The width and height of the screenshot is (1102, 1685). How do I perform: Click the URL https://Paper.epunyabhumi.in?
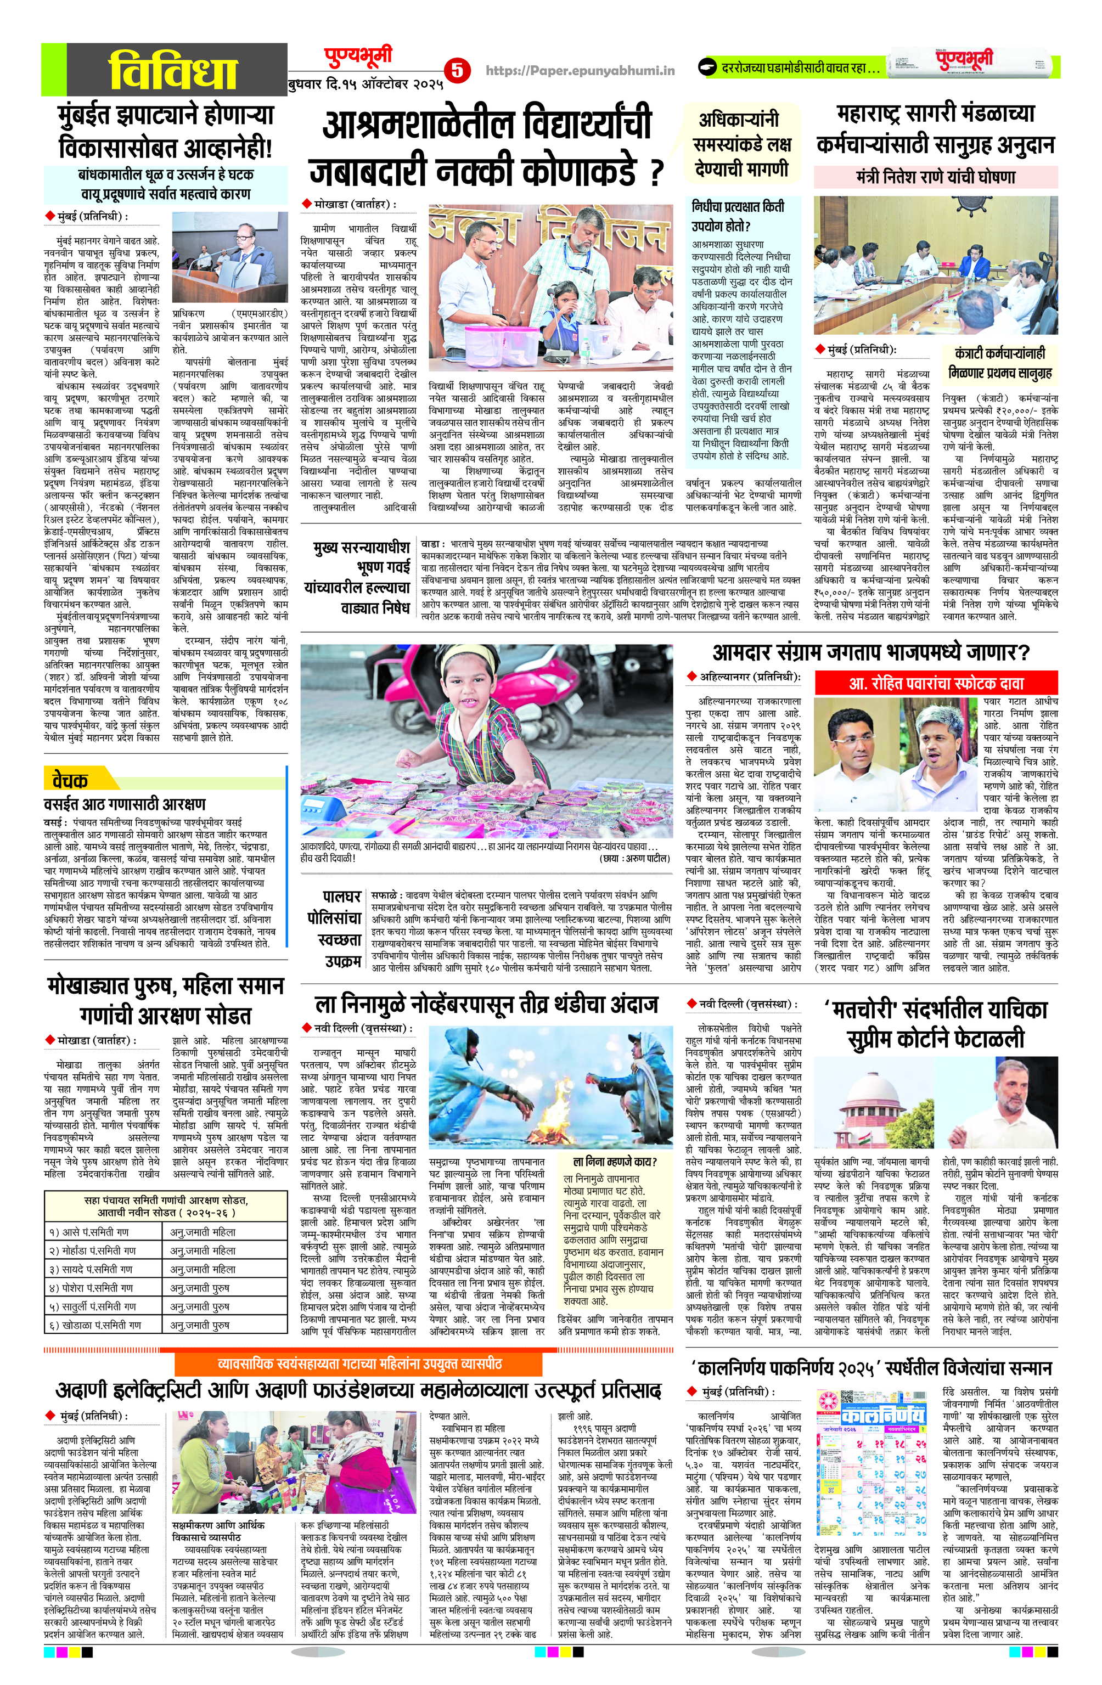tap(580, 70)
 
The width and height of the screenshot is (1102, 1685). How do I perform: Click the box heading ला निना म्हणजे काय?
tap(615, 1162)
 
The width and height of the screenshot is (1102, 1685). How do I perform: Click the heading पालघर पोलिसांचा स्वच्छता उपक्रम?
tap(334, 929)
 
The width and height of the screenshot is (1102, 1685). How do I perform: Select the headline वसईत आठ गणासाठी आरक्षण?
tap(125, 804)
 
